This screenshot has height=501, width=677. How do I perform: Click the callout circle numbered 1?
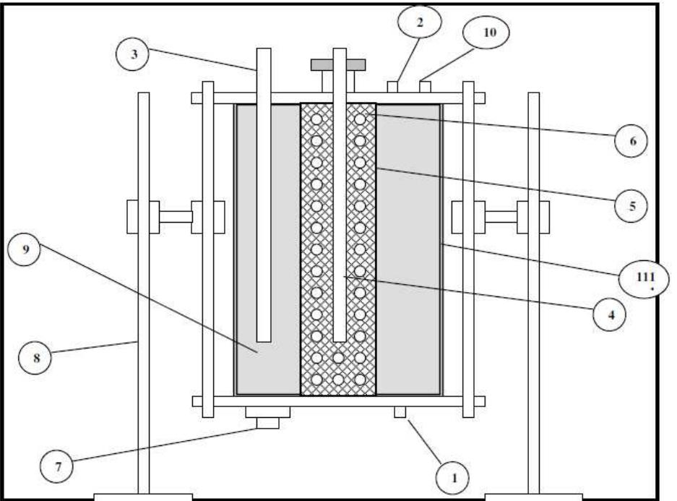click(453, 478)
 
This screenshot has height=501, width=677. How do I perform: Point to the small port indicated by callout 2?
click(393, 87)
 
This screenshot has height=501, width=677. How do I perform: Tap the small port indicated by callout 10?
click(426, 87)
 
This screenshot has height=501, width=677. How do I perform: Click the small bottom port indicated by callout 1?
click(400, 411)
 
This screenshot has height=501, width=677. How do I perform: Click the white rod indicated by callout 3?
click(264, 195)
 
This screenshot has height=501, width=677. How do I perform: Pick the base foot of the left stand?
click(144, 497)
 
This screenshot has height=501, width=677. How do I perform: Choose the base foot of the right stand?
click(533, 497)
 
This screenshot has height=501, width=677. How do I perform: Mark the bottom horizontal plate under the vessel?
click(338, 401)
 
